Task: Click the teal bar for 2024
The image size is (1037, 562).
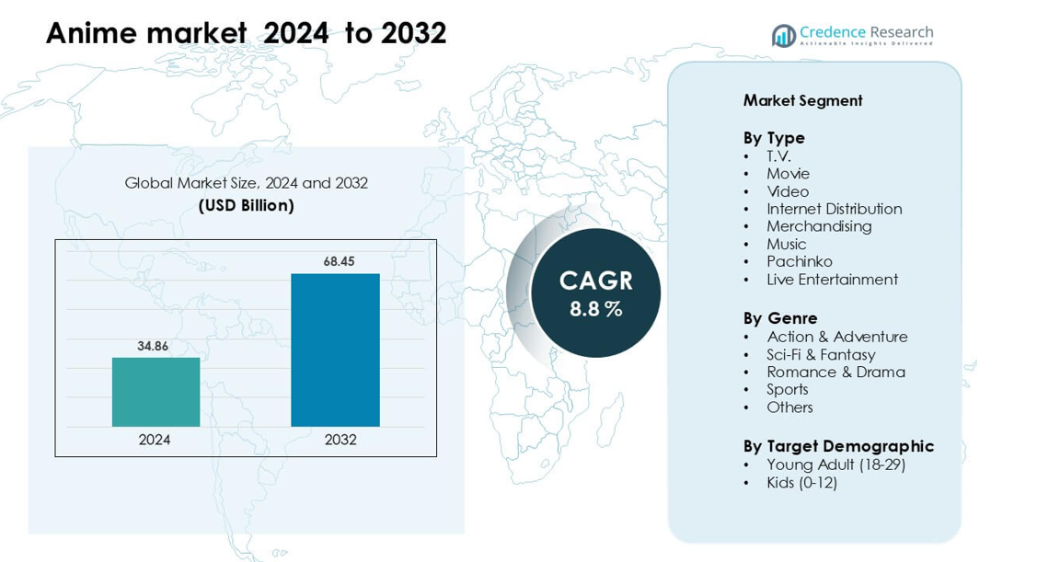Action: pos(156,392)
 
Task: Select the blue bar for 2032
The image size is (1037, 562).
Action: pos(335,350)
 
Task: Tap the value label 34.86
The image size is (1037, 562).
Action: pos(153,347)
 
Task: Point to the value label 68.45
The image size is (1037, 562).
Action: pos(339,262)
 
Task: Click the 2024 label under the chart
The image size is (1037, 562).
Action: pos(155,440)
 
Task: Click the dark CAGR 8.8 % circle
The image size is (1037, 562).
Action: pos(595,292)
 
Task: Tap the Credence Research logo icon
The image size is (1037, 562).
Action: pos(783,36)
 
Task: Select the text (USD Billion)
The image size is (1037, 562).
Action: pos(246,205)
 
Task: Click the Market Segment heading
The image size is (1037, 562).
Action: pos(802,100)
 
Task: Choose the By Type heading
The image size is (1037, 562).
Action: pos(774,137)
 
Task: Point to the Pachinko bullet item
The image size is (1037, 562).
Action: pos(799,261)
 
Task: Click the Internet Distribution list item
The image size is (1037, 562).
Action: pos(834,209)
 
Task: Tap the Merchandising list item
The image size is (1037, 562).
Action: pos(819,226)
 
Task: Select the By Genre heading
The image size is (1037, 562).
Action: pos(780,318)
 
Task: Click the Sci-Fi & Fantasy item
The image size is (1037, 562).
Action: pos(821,354)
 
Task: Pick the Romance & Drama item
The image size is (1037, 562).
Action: pos(835,372)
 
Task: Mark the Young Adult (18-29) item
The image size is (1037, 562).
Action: pos(835,465)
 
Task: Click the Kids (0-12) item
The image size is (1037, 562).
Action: pos(801,482)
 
